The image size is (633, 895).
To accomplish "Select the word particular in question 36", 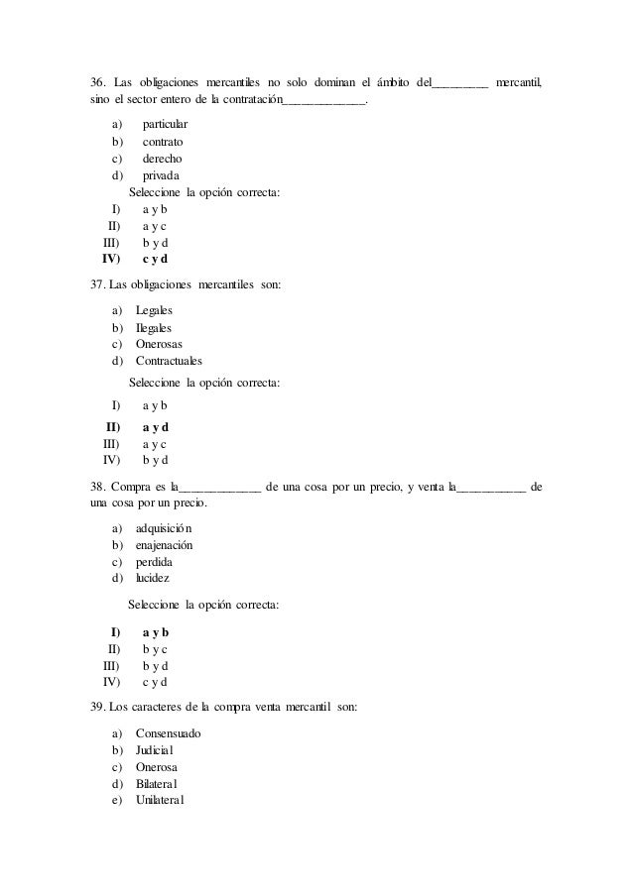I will click(x=165, y=125).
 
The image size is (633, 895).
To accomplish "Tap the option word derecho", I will click(x=162, y=159).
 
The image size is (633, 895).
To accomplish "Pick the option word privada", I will click(x=162, y=175).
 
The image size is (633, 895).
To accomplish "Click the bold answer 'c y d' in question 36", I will click(x=155, y=260).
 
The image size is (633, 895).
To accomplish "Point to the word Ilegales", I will click(x=154, y=328).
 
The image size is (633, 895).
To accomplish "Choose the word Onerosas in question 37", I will click(x=159, y=345).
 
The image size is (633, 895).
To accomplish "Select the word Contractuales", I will click(x=169, y=362).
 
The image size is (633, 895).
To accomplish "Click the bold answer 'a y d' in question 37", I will click(x=155, y=427).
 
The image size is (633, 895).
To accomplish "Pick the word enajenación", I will click(x=164, y=545).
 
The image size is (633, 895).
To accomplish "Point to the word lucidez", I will click(x=153, y=578).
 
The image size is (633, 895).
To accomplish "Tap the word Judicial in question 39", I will click(x=159, y=750).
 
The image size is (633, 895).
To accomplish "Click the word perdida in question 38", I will click(x=154, y=562).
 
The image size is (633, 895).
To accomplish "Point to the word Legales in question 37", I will click(x=154, y=311).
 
